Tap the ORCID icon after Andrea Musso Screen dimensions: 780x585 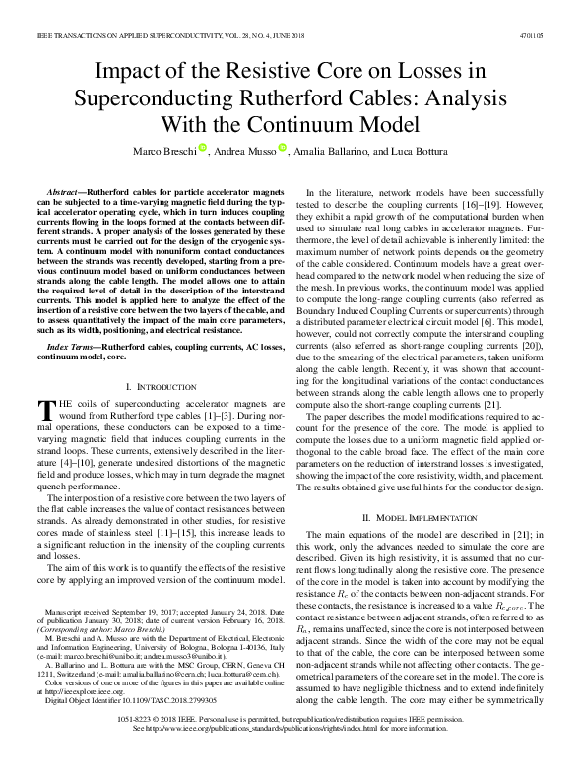(282, 149)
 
